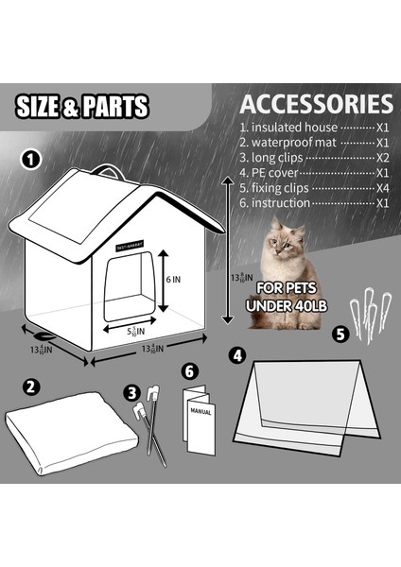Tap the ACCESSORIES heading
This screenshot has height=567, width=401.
coord(316,103)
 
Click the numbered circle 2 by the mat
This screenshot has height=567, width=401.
coord(32,386)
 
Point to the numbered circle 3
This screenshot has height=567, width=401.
coord(132,389)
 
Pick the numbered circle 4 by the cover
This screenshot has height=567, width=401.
coord(237,356)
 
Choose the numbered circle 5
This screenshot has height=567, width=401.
coord(340,333)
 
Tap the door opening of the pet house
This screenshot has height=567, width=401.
coord(127,288)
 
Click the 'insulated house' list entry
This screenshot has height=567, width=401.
coord(288,127)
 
